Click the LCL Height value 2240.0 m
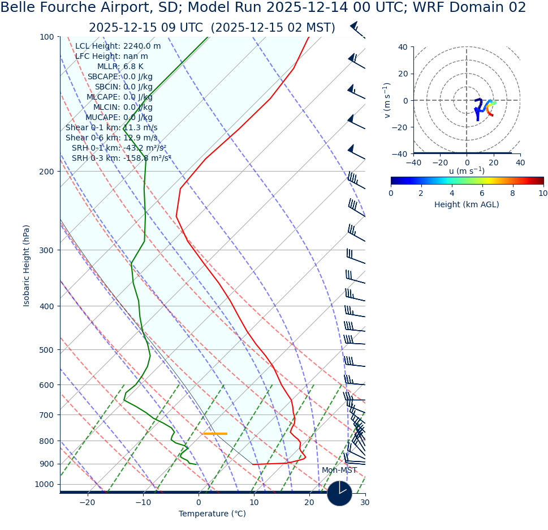pos(142,46)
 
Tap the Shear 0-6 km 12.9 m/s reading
pos(111,138)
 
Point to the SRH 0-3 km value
pos(147,158)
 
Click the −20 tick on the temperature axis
pos(87,502)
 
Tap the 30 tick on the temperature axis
pos(365,502)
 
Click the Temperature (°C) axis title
pos(212,514)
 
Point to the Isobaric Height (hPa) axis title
pos(27,265)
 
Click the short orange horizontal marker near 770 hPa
pos(215,434)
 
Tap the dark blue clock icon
pos(339,493)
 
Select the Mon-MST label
pos(339,470)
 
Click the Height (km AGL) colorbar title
pos(467,204)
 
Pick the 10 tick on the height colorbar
pos(543,193)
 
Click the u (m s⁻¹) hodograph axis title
pos(467,171)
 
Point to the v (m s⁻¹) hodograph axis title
pos(387,100)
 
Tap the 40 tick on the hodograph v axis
pos(402,47)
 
